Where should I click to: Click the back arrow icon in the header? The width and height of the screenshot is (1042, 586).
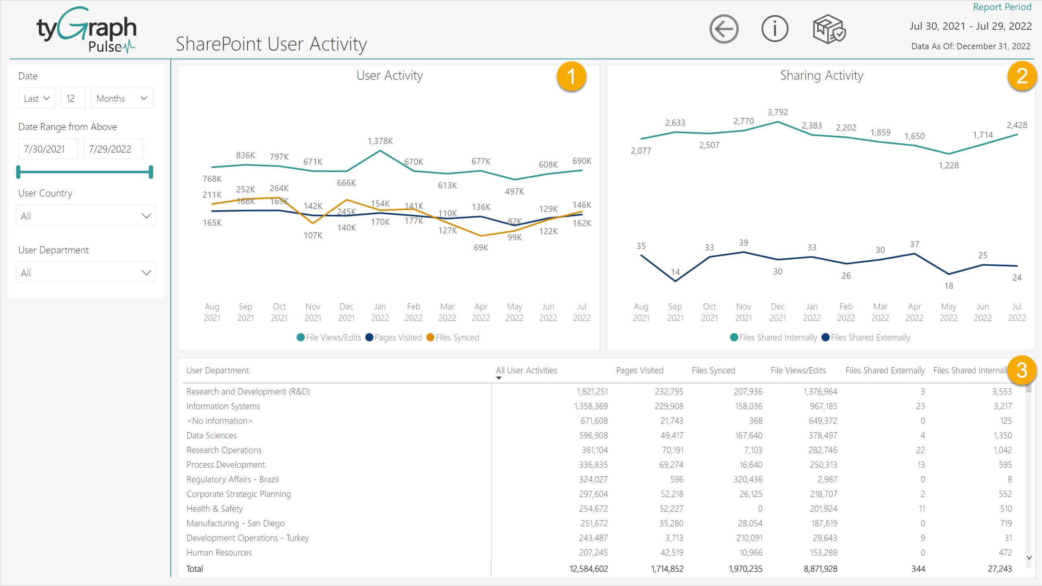click(724, 29)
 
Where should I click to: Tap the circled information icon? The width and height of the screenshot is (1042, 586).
click(774, 29)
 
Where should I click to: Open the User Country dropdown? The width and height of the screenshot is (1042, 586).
click(86, 216)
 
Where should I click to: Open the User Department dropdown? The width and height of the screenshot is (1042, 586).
click(86, 272)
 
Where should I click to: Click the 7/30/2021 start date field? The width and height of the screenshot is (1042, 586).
click(48, 149)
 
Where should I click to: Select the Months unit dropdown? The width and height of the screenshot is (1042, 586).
click(122, 98)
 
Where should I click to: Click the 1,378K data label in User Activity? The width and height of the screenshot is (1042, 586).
click(380, 141)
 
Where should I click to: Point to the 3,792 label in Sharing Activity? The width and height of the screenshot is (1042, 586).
click(777, 112)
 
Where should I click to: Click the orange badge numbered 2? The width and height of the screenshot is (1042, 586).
click(1022, 76)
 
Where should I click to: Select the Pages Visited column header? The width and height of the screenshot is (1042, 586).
click(640, 370)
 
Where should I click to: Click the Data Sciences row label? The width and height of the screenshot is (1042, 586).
click(211, 436)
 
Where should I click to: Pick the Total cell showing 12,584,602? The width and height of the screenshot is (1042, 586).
click(588, 569)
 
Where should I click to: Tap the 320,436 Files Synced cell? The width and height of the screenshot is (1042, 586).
click(748, 479)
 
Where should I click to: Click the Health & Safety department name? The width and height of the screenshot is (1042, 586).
click(214, 509)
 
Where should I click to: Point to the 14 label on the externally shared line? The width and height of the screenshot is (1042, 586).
click(675, 272)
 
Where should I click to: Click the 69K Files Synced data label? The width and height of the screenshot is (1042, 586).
click(481, 248)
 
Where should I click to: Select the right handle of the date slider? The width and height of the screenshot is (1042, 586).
click(151, 172)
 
